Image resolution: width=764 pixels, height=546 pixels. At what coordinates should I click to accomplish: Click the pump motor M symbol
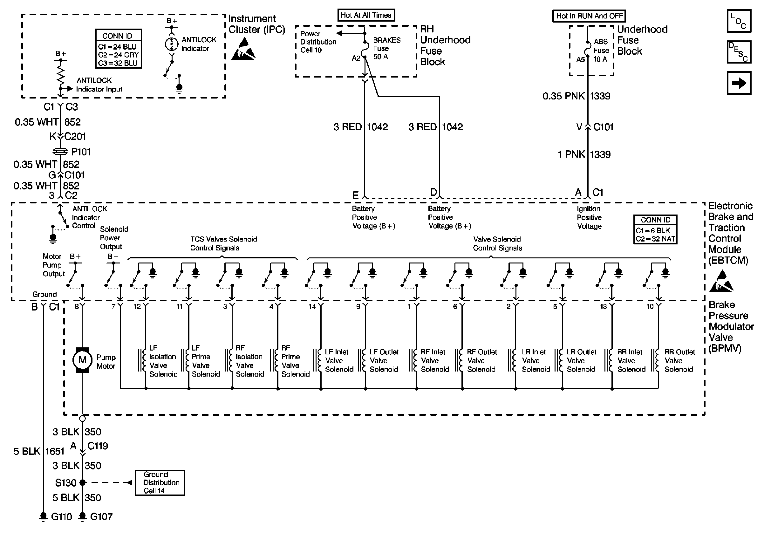pos(82,360)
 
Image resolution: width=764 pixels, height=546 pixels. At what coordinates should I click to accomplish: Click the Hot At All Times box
pos(366,15)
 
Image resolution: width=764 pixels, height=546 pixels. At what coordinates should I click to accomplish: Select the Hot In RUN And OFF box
pos(589,16)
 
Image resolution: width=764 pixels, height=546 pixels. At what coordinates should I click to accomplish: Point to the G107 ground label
pos(101,517)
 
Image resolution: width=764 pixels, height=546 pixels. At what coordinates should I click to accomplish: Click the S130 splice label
pos(65,483)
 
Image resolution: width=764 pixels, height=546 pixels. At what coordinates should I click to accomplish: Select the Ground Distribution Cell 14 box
pos(160,483)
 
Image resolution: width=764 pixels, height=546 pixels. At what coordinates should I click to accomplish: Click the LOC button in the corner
pos(739,21)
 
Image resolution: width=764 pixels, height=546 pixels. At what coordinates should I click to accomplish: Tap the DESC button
pos(739,52)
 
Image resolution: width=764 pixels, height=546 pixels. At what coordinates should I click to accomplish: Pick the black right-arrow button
pos(739,83)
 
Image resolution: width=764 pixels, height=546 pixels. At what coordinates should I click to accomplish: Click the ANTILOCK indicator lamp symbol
pos(172,44)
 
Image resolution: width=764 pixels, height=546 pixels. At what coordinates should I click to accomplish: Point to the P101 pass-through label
pos(81,152)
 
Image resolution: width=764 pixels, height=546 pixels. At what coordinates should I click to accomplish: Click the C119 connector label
pos(98,446)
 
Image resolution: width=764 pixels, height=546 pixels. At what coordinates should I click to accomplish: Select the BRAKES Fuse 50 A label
pos(387,48)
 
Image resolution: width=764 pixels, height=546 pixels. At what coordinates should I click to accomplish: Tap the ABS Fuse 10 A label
pos(601,51)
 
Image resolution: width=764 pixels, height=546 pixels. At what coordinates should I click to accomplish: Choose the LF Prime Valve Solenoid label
pos(206,361)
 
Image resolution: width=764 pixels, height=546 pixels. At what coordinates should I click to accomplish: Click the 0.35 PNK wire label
pos(564,96)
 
